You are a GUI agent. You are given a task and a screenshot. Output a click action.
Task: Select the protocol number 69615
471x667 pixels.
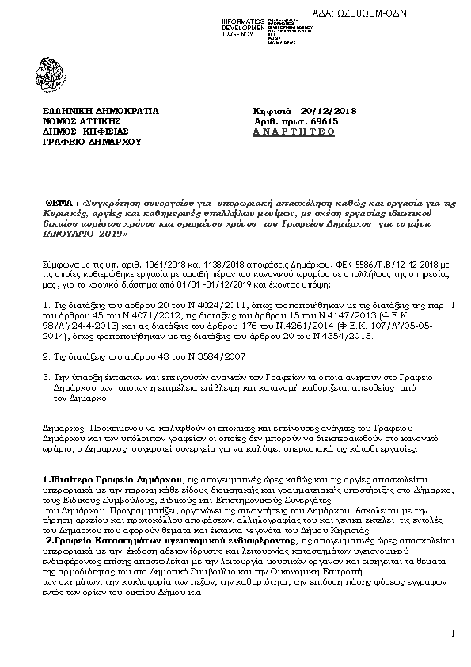(x=323, y=121)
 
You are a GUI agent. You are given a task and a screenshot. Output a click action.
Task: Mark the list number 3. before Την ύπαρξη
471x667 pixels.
(x=44, y=378)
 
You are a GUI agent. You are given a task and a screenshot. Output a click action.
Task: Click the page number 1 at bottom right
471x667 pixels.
(x=454, y=633)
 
